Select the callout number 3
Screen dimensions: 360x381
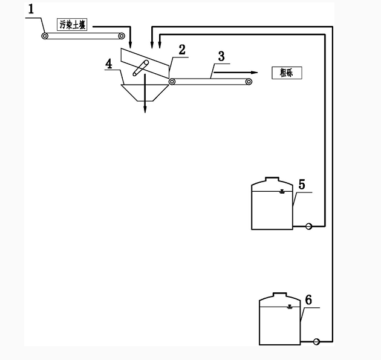221,56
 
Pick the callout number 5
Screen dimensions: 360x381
302,184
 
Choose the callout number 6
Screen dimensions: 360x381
308,299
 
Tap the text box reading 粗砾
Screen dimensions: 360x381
286,72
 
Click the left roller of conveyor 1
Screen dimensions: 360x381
45,36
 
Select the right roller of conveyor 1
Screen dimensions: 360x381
122,36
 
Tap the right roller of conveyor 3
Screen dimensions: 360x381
248,82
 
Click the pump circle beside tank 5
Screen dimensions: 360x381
309,227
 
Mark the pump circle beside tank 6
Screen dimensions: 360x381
316,341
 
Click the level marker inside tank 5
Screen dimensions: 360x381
282,192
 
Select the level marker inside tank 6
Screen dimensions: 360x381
290,307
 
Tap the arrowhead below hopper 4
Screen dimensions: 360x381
145,111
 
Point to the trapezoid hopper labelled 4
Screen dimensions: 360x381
144,91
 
